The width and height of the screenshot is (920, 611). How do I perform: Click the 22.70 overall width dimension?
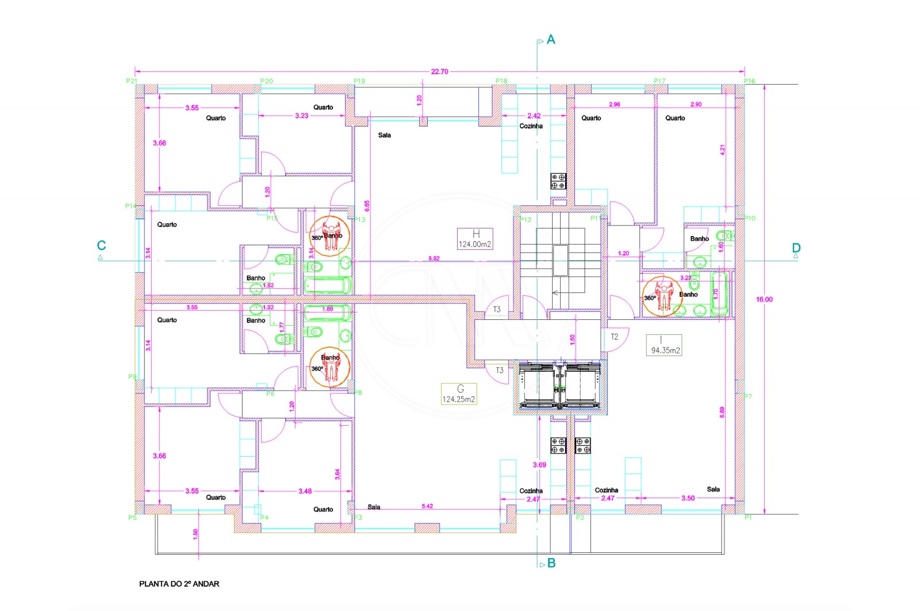pyautogui.click(x=439, y=72)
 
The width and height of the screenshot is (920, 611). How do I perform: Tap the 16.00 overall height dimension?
pyautogui.click(x=764, y=300)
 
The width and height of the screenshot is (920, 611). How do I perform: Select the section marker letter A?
pyautogui.click(x=551, y=40)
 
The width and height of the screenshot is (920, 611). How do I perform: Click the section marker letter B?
pyautogui.click(x=551, y=563)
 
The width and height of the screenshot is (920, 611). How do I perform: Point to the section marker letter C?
pyautogui.click(x=101, y=246)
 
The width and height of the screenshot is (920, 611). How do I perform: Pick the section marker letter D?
pyautogui.click(x=796, y=248)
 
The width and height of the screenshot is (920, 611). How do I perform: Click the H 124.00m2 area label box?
pyautogui.click(x=475, y=239)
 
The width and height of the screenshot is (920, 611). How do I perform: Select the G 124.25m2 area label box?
pyautogui.click(x=459, y=394)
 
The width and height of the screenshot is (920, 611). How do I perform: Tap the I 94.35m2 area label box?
pyautogui.click(x=665, y=345)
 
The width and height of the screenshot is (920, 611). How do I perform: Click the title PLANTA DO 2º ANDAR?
pyautogui.click(x=179, y=584)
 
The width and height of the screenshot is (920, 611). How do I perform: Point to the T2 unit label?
pyautogui.click(x=614, y=337)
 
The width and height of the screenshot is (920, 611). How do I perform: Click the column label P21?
pyautogui.click(x=132, y=81)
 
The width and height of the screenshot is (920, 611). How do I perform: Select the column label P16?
pyautogui.click(x=749, y=81)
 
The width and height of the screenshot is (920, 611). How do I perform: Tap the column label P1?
pyautogui.click(x=748, y=518)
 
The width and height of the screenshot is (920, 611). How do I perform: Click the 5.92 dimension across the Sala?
pyautogui.click(x=434, y=258)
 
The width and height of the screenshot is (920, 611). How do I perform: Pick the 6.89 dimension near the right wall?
pyautogui.click(x=722, y=412)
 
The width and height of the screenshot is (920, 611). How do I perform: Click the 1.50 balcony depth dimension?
pyautogui.click(x=195, y=534)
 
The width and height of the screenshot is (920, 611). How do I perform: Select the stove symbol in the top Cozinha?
pyautogui.click(x=558, y=181)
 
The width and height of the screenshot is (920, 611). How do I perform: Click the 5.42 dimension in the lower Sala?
pyautogui.click(x=427, y=506)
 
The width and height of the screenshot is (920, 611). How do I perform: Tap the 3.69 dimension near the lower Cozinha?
pyautogui.click(x=539, y=465)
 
